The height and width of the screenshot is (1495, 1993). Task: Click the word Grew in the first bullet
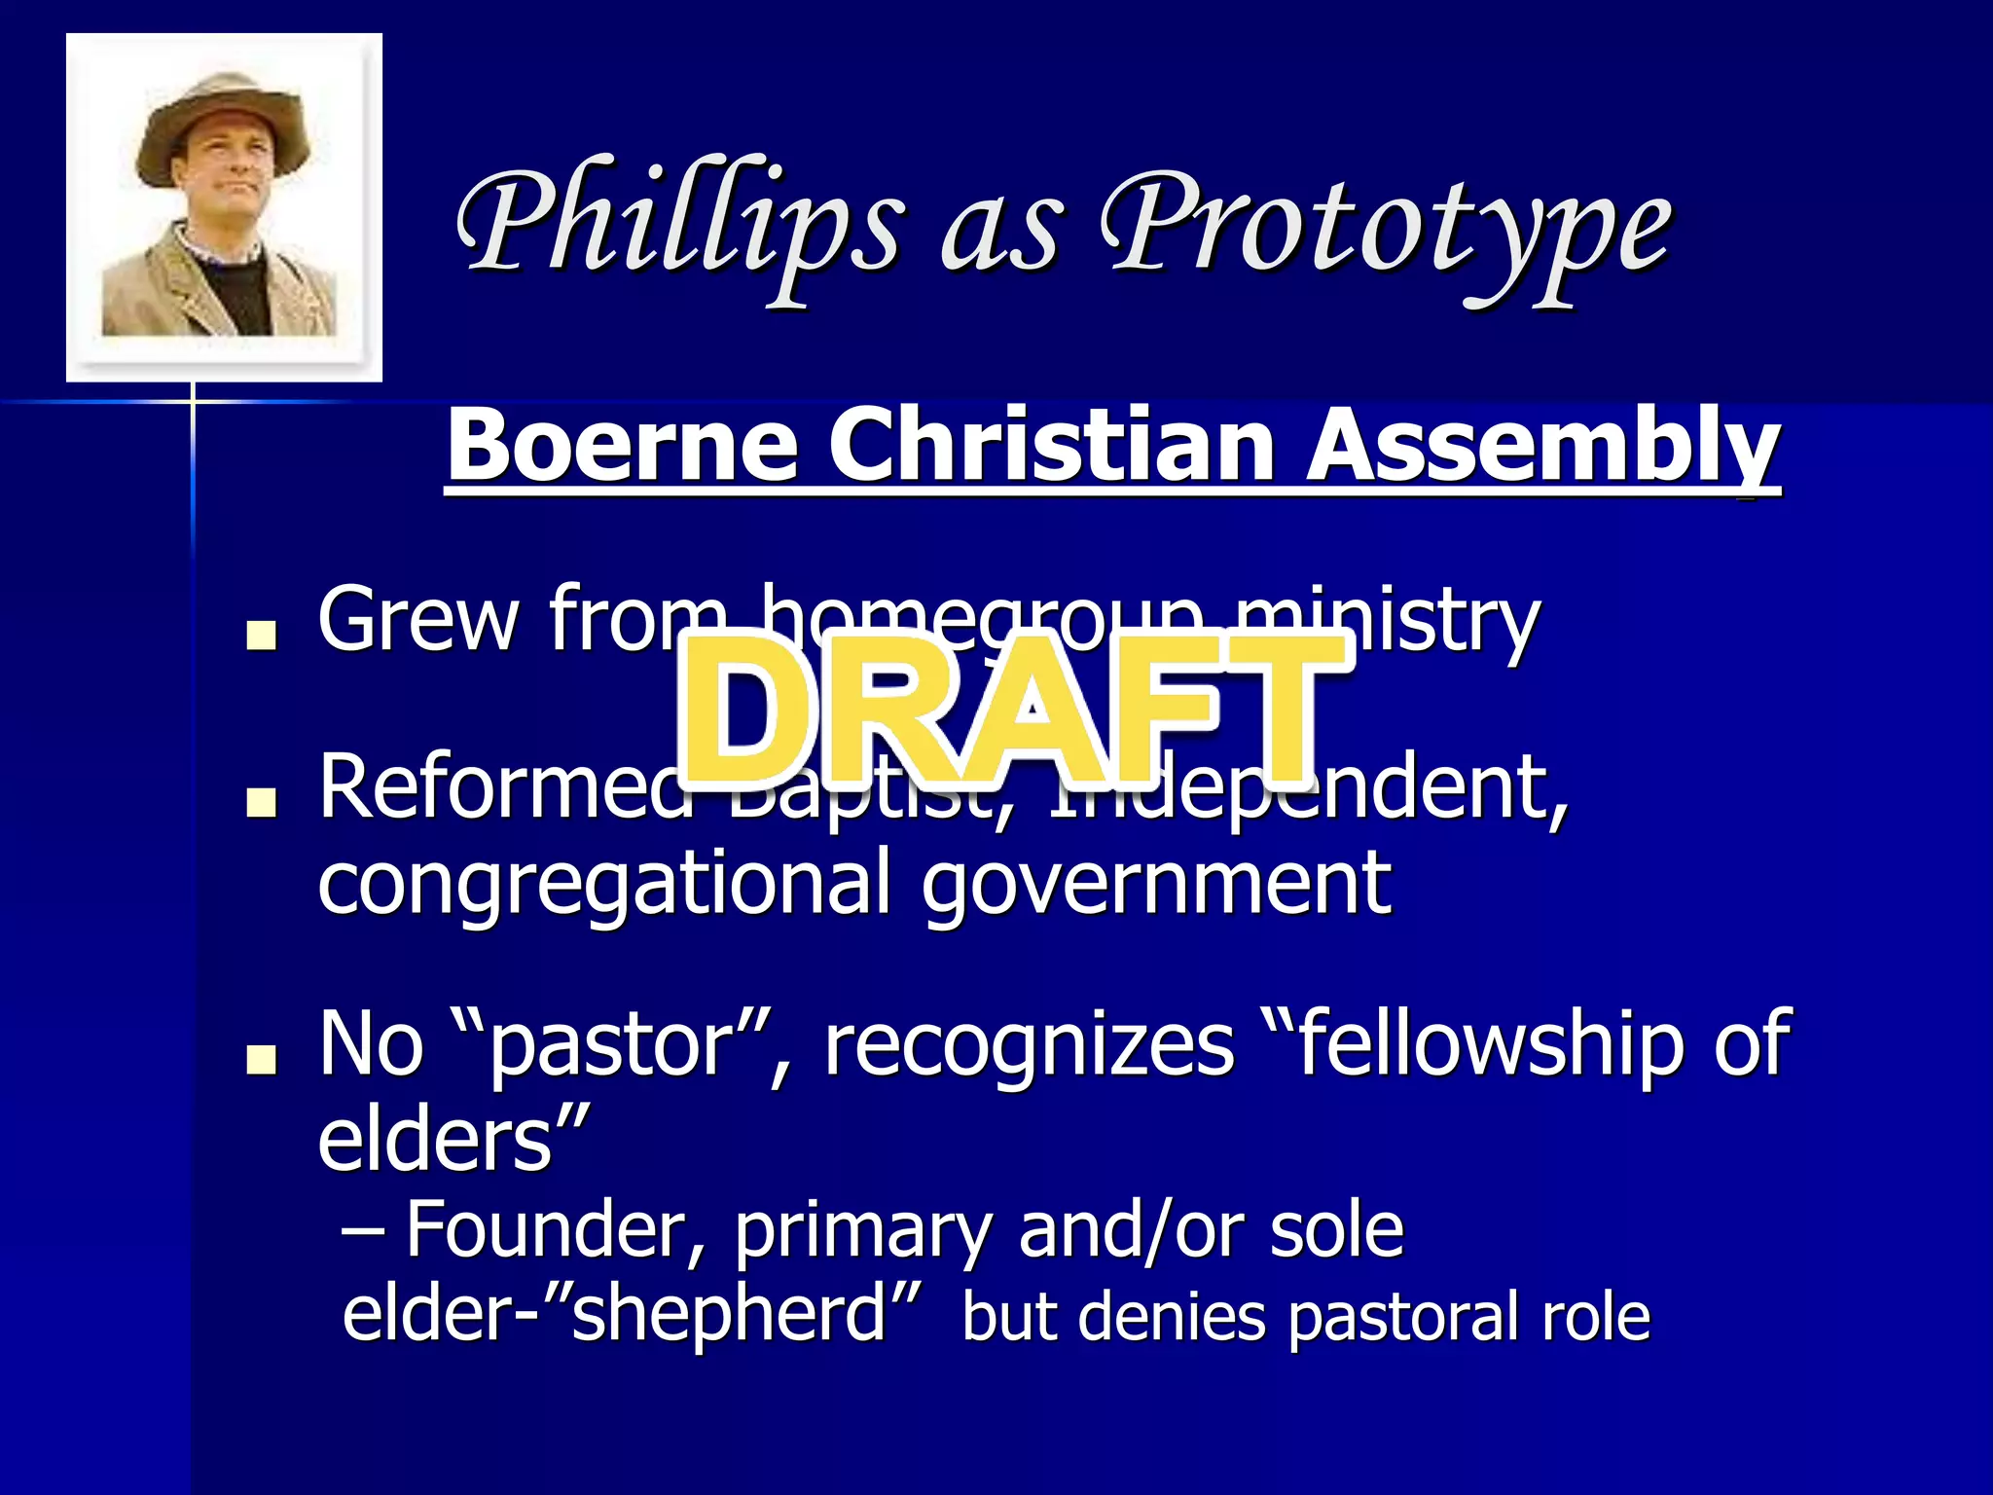point(418,619)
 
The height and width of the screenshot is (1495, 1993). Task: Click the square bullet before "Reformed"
point(261,802)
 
